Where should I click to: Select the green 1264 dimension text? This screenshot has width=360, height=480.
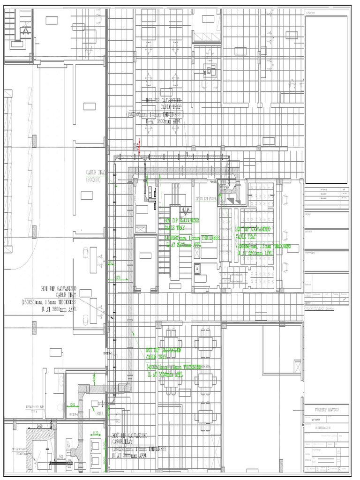click(72, 405)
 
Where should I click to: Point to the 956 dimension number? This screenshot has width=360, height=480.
click(61, 456)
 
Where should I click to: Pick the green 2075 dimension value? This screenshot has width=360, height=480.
click(118, 278)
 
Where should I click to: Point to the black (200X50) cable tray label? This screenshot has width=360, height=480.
click(96, 176)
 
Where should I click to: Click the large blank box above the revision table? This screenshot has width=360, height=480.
click(326, 99)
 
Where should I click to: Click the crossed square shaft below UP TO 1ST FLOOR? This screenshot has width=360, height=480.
click(198, 269)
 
